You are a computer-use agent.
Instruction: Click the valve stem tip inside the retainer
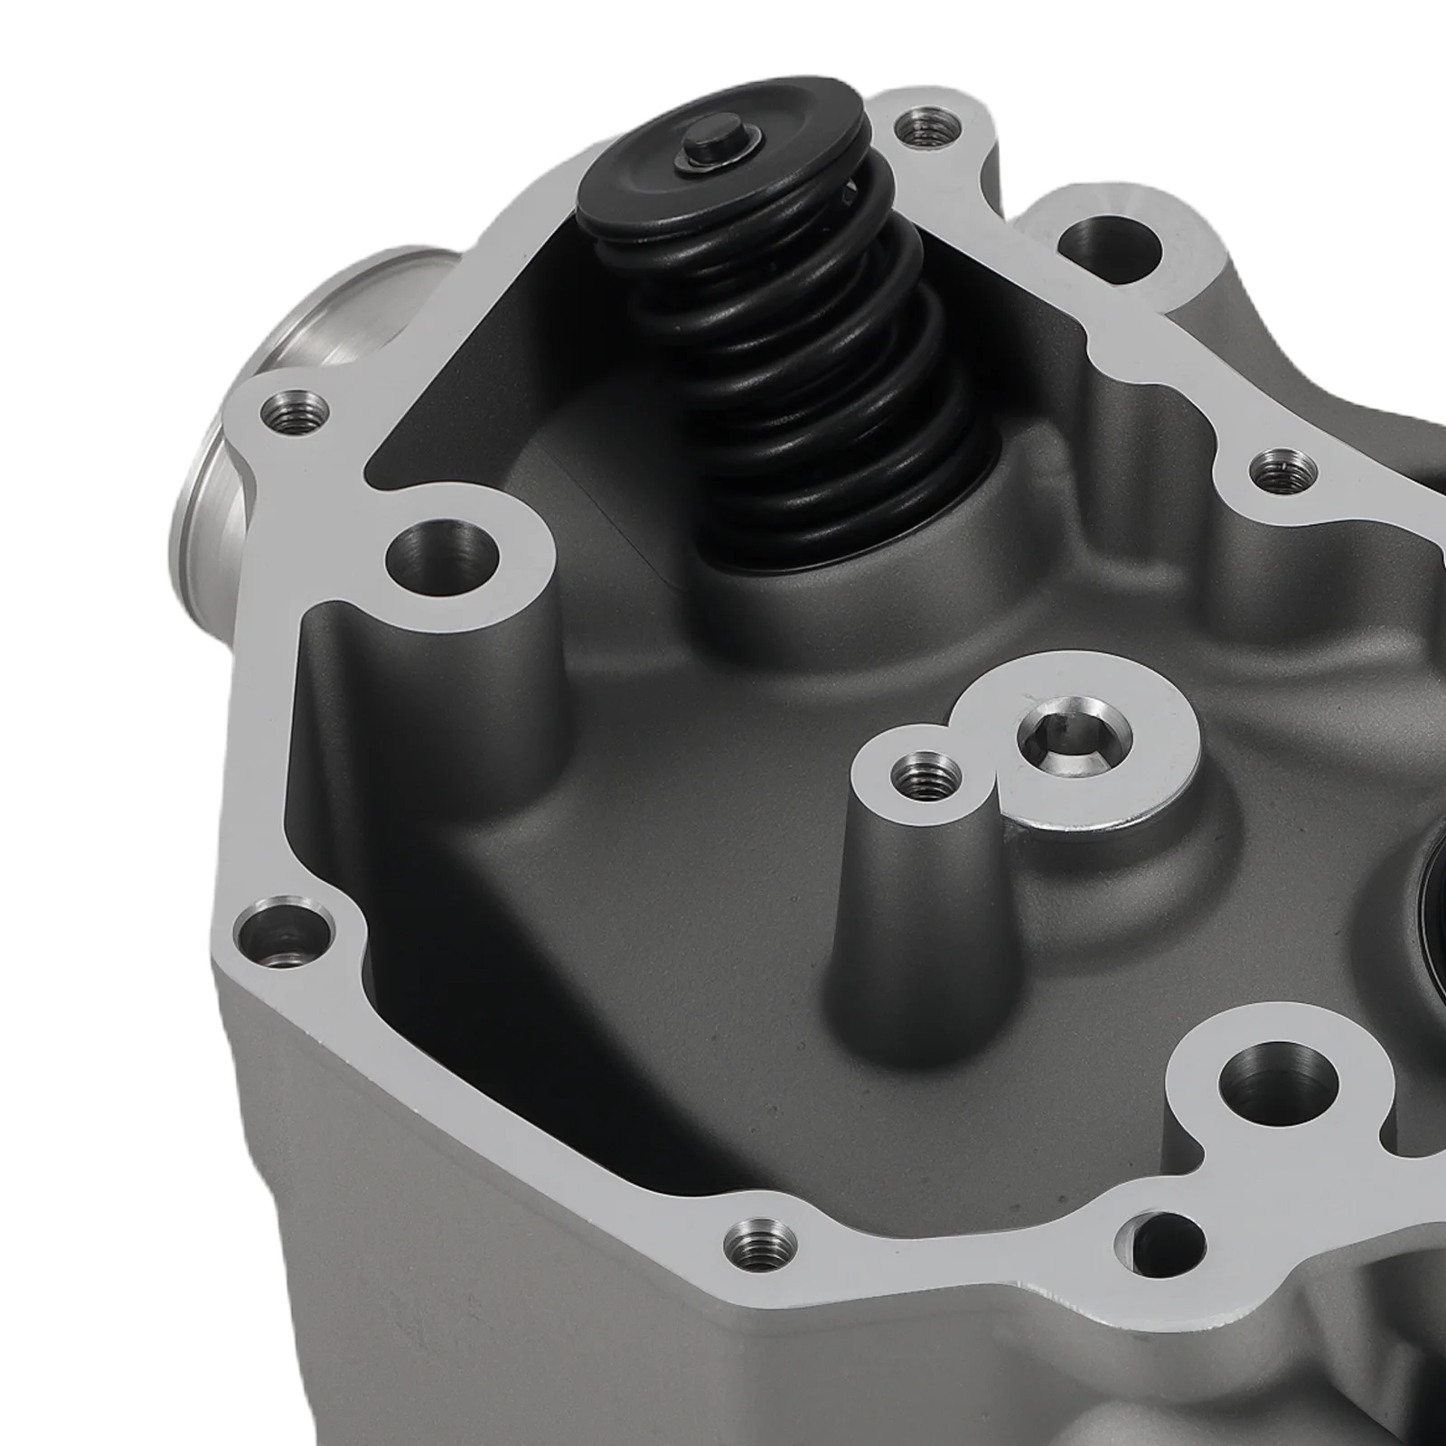click(700, 154)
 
